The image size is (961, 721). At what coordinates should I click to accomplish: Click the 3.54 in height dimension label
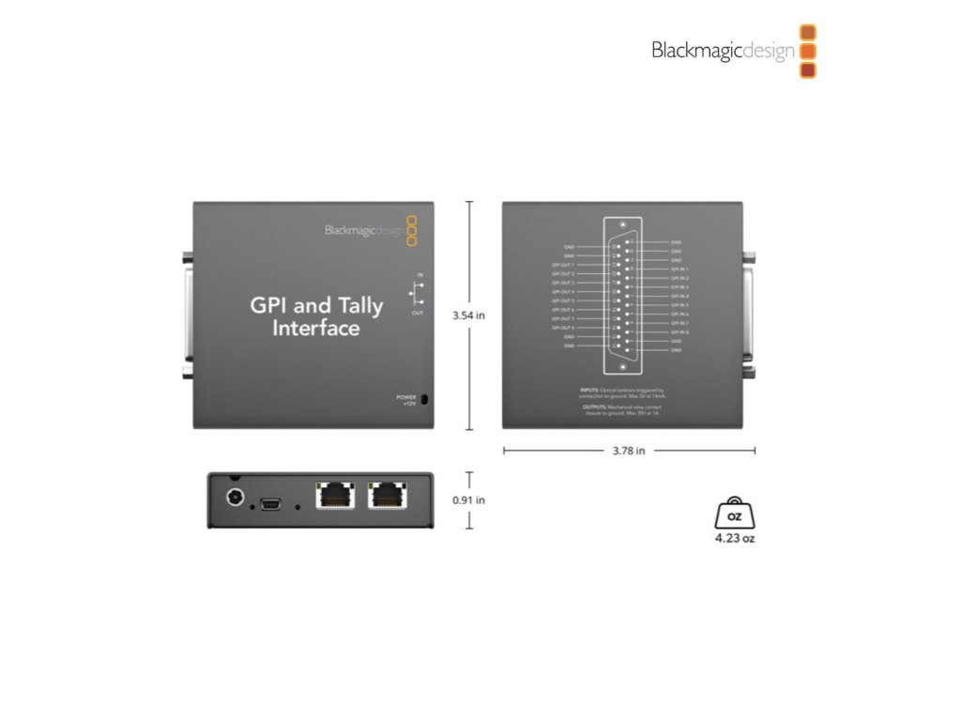[x=467, y=316]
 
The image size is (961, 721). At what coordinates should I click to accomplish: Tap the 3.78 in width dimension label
[x=628, y=452]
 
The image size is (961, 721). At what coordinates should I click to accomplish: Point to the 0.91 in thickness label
[x=467, y=500]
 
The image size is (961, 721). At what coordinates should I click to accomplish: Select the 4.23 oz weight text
[x=735, y=540]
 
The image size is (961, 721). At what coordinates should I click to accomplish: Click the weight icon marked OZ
[x=735, y=514]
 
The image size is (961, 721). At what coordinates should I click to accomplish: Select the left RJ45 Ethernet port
[x=335, y=496]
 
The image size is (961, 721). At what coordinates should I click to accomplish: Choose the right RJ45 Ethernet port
[x=387, y=496]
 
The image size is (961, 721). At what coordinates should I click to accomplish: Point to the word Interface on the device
[x=316, y=329]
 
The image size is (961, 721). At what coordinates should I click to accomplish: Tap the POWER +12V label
[x=405, y=400]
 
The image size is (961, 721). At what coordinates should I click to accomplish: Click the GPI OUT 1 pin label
[x=563, y=265]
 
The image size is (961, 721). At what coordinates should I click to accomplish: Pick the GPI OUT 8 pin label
[x=563, y=328]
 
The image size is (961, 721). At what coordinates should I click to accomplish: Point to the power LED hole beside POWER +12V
[x=424, y=400]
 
